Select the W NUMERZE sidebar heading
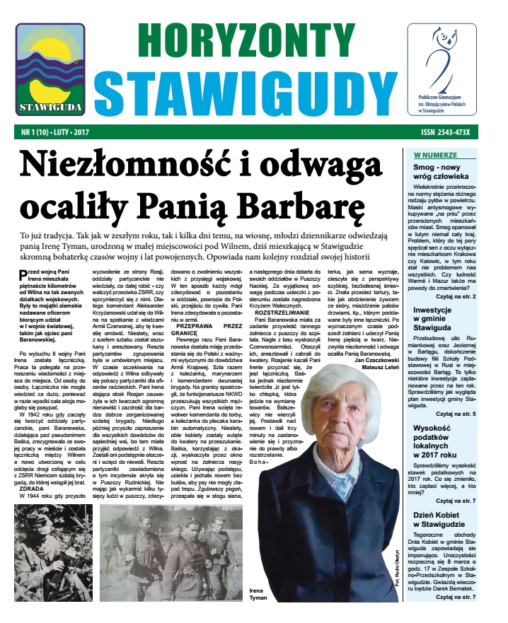pos(434,154)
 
